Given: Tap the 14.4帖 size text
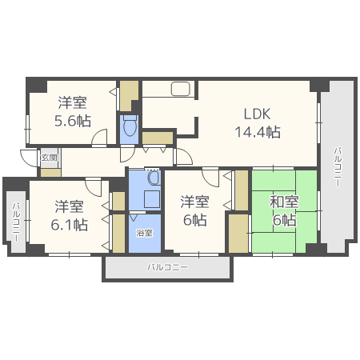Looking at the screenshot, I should click(257, 131).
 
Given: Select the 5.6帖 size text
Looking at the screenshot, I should click(72, 121).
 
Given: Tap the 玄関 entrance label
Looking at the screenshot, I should click(49, 158).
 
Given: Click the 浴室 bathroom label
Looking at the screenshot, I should click(144, 234).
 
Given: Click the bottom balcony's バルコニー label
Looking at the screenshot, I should click(167, 267).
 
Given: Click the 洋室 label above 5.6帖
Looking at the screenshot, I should click(72, 102).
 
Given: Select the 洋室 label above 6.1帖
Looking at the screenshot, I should click(70, 205).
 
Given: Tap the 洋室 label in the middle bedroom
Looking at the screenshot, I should click(195, 200).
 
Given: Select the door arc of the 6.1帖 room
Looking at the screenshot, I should click(94, 189).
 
